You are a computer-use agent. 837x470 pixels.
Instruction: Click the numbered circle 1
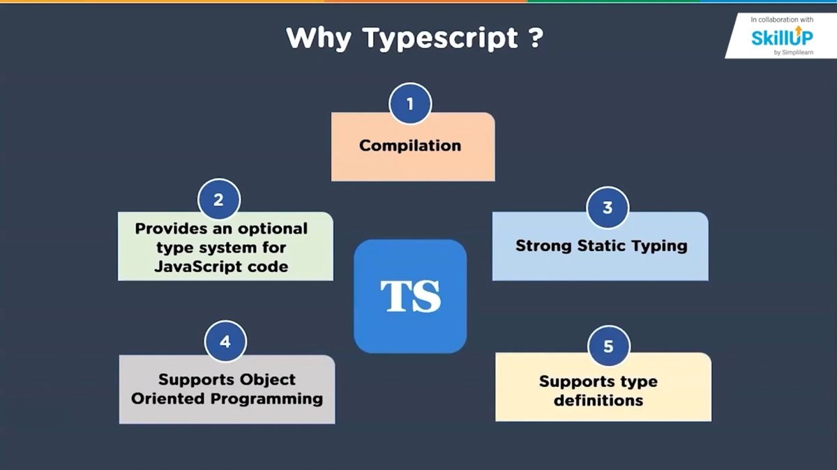point(409,105)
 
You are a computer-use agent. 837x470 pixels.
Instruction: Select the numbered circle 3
point(608,207)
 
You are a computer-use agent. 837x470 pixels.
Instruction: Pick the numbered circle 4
point(225,342)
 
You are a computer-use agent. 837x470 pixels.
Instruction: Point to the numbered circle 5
point(608,346)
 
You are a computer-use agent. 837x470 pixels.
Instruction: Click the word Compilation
point(410,146)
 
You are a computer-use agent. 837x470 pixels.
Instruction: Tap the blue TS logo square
point(410,296)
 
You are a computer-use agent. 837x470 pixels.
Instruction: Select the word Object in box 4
point(269,380)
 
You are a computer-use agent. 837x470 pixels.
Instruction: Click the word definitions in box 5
point(598,401)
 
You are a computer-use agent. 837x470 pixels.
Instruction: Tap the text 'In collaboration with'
point(783,20)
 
